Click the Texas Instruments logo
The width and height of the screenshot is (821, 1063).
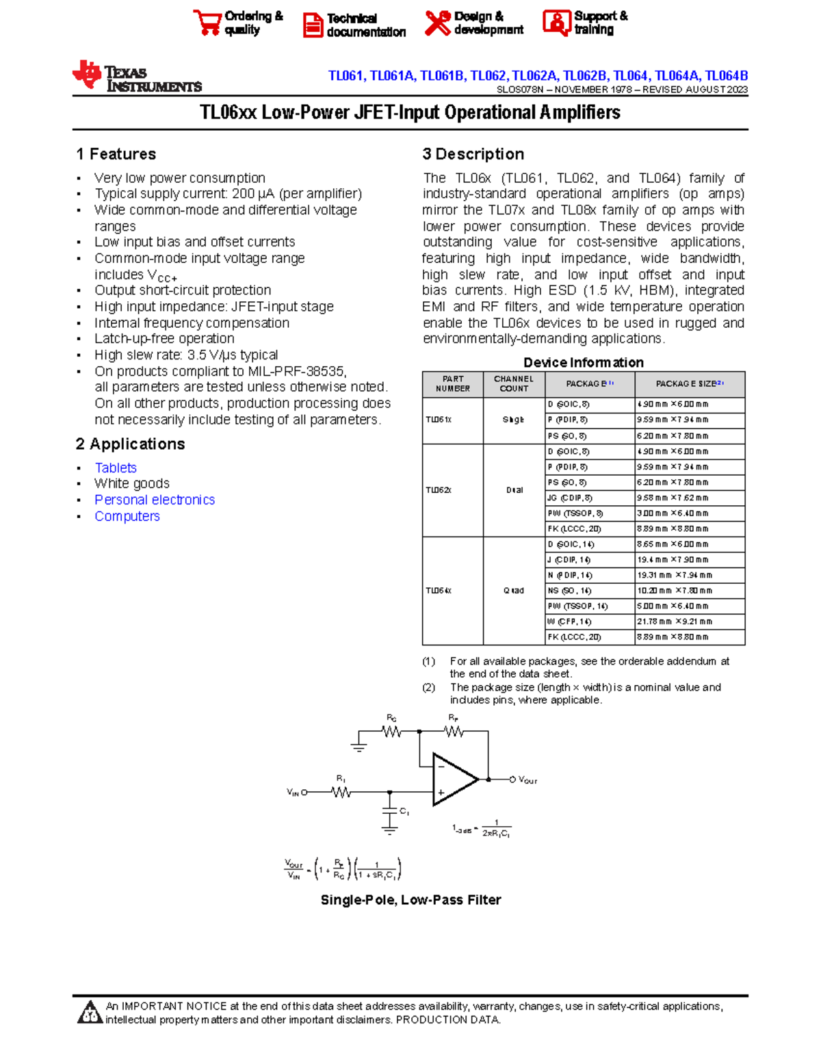[x=136, y=77]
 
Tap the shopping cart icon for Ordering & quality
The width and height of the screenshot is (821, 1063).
[x=207, y=23]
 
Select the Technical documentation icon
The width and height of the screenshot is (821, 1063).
[x=313, y=25]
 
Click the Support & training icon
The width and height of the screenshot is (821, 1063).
[x=556, y=23]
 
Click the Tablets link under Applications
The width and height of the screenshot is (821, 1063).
[x=116, y=468]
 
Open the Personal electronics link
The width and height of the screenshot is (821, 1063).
[x=155, y=500]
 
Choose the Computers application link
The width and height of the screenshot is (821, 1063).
[x=127, y=516]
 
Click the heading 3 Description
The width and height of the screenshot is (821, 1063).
[x=473, y=154]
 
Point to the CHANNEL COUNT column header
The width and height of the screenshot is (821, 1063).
[x=514, y=383]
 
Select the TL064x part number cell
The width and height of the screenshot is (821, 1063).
[x=439, y=590]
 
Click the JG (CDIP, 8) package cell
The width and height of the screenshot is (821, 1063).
[x=570, y=498]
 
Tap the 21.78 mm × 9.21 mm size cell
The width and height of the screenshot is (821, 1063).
[x=674, y=622]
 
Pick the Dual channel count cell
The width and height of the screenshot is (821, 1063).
[x=514, y=490]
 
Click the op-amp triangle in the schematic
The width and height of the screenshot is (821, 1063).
[x=453, y=780]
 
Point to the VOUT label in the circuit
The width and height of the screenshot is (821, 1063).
[x=527, y=780]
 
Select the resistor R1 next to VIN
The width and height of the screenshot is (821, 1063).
[x=341, y=792]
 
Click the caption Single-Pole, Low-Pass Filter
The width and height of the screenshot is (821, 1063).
[x=410, y=900]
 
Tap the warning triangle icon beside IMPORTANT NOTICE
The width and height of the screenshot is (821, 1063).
[x=90, y=1013]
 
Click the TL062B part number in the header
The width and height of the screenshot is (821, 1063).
[x=585, y=76]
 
